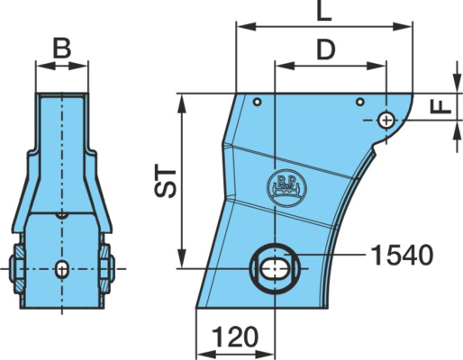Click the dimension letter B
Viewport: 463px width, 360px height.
pos(62,48)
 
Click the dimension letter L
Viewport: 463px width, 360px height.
pos(324,11)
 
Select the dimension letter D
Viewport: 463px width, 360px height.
pos(326,49)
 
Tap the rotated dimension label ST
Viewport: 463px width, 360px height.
pos(166,183)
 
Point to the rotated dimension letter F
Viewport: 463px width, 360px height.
pos(440,107)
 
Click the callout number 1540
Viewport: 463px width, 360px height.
pos(402,256)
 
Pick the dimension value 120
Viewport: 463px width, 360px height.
pos(235,337)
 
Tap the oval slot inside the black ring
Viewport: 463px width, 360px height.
pos(275,268)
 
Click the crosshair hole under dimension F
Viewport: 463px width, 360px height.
pos(386,121)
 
